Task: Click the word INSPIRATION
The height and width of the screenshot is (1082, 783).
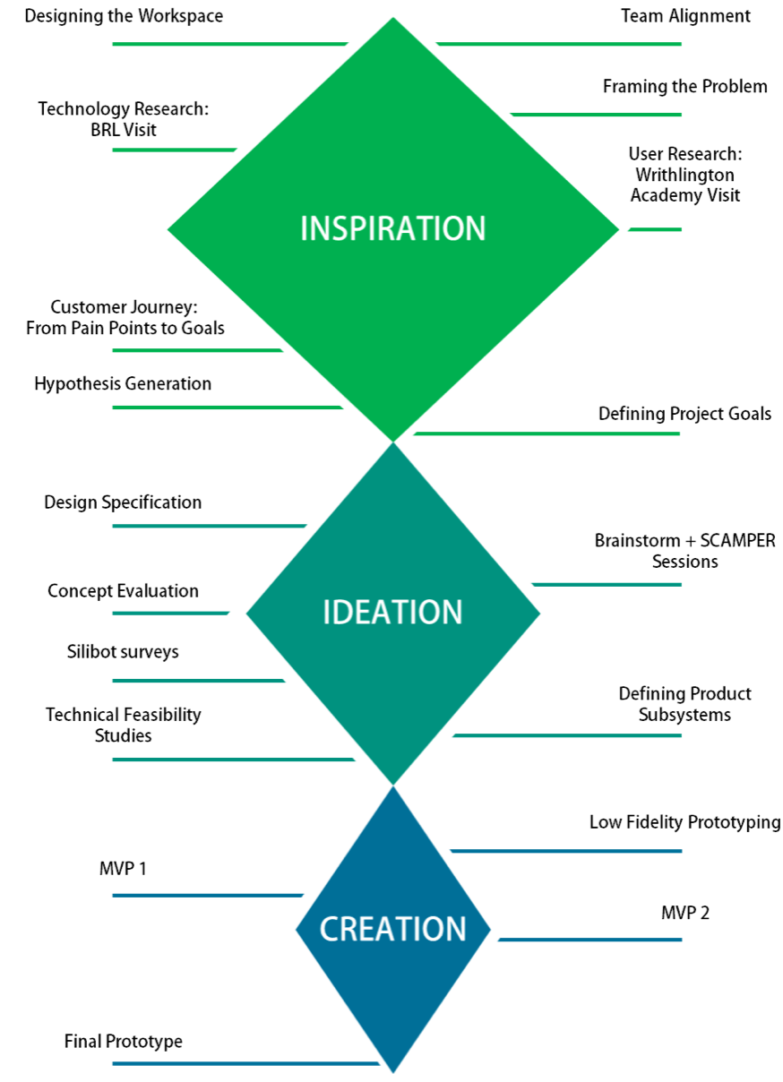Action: coord(392,228)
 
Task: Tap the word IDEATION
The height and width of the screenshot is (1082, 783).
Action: coord(392,613)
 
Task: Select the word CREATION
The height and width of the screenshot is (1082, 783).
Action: coord(393,929)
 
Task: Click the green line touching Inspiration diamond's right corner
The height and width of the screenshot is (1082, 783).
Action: coord(655,229)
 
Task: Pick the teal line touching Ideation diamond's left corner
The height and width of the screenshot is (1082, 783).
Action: coord(170,613)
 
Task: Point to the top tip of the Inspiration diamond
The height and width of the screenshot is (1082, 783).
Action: coord(392,18)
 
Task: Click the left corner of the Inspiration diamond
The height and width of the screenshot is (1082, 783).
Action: coord(168,228)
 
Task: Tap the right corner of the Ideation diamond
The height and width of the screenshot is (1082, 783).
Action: coord(542,614)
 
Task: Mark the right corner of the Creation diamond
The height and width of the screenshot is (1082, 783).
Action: coord(491,929)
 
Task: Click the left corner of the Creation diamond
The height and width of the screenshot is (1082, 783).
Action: coord(296,929)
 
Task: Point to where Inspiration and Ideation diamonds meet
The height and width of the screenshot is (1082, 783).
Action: coord(393,442)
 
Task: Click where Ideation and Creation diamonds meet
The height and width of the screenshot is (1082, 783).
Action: coord(393,786)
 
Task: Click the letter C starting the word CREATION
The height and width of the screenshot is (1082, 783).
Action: coord(329,929)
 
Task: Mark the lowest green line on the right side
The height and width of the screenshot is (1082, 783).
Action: coord(546,434)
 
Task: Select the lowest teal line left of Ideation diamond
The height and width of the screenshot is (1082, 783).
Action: coord(233,760)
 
